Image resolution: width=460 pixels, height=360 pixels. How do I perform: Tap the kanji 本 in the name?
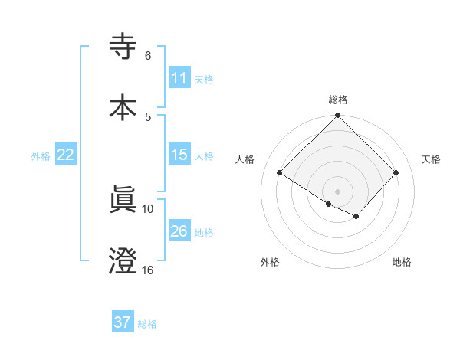point(123,106)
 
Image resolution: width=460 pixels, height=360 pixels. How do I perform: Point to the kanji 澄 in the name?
point(123,260)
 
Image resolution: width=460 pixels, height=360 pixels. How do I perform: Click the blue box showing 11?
point(179,78)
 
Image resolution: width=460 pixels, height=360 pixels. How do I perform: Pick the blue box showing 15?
point(179,155)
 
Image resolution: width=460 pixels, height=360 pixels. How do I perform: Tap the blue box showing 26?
point(179,231)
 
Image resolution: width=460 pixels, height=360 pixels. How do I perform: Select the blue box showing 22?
point(65,155)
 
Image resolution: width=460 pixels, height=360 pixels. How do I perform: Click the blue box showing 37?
point(122,322)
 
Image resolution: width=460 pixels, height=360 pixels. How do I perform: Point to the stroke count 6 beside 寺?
point(148,56)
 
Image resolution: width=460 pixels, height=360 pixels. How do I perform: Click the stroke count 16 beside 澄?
point(147,270)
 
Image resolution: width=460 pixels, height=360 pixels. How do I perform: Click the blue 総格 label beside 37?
point(147,324)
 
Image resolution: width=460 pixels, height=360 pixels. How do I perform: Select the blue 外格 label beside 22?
point(41,156)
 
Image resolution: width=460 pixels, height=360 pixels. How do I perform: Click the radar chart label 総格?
point(338,100)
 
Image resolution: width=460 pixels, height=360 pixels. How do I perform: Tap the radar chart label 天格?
point(432,159)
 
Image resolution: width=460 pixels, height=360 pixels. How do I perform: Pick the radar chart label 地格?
point(402,262)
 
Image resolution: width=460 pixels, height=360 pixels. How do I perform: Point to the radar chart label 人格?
point(245,159)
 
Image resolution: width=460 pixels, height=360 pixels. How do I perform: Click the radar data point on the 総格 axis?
point(338,116)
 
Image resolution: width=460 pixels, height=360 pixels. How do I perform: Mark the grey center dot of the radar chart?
point(338,191)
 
